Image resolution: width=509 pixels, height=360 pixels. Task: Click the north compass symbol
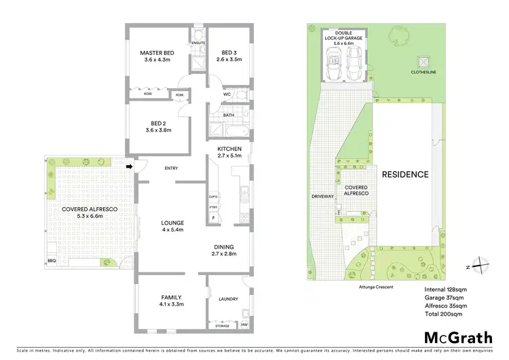[x=479, y=263]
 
